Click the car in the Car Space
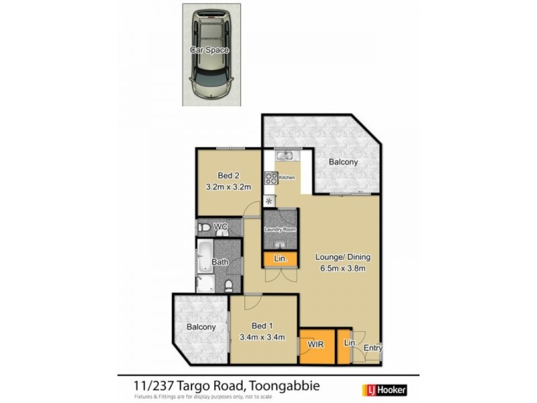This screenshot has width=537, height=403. [x=209, y=54]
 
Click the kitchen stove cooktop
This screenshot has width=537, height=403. [x=273, y=178]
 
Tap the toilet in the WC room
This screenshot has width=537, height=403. [x=204, y=227]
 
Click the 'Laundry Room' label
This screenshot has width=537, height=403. [x=279, y=230]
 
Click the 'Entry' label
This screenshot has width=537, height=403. [x=373, y=348]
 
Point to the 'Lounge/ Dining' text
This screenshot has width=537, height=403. [x=343, y=257]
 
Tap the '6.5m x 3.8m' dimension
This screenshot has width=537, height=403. [x=343, y=269]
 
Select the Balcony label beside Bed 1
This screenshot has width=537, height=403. [x=201, y=327]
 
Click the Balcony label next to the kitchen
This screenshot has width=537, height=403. [x=343, y=162]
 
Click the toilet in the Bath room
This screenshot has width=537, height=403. [x=230, y=286]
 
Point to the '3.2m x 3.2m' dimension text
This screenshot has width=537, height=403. [x=229, y=187]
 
